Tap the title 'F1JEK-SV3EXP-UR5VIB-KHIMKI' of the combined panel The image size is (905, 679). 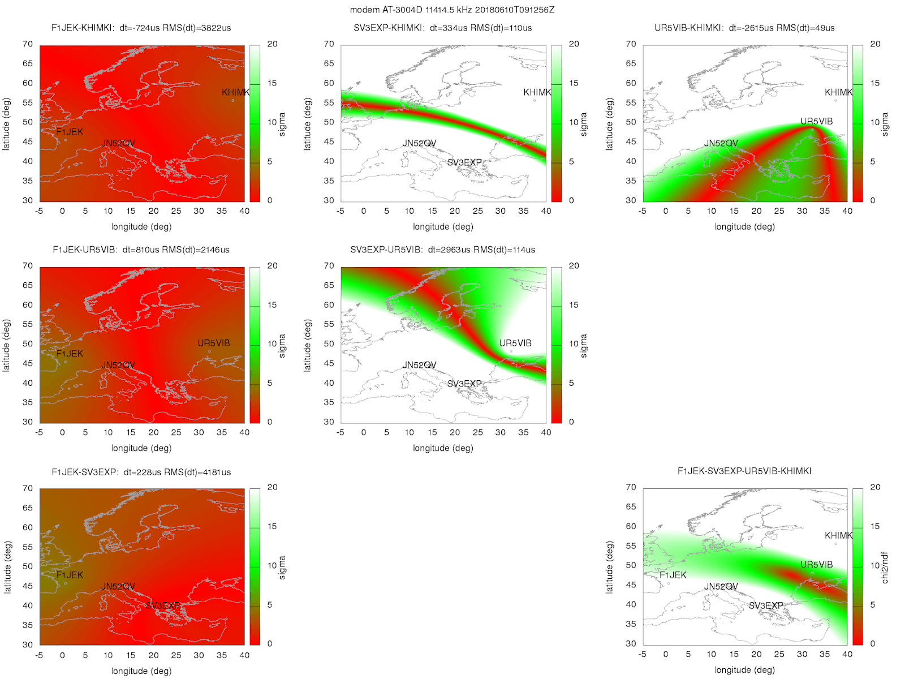click(744, 471)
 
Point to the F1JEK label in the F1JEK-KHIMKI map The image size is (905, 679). click(70, 132)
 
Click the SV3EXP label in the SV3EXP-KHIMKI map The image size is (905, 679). click(464, 162)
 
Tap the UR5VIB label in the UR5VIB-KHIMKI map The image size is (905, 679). click(816, 122)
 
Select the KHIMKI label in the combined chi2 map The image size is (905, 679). click(838, 535)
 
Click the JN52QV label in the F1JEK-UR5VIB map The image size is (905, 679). click(118, 365)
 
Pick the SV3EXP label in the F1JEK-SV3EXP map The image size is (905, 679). click(163, 605)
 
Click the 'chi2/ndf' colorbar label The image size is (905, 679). click(885, 568)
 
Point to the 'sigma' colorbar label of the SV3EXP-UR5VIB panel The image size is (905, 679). click(584, 346)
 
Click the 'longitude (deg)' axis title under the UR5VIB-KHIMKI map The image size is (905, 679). click(744, 227)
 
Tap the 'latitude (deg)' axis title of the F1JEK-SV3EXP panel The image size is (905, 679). click(7, 567)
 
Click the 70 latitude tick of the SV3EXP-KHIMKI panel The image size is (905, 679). click(329, 44)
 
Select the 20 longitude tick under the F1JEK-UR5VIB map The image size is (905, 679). click(153, 432)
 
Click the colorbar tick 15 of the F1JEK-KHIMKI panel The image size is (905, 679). click(272, 83)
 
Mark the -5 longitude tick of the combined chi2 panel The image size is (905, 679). click(643, 654)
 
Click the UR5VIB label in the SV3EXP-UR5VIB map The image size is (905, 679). click(515, 343)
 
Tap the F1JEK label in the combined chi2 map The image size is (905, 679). click(673, 575)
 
